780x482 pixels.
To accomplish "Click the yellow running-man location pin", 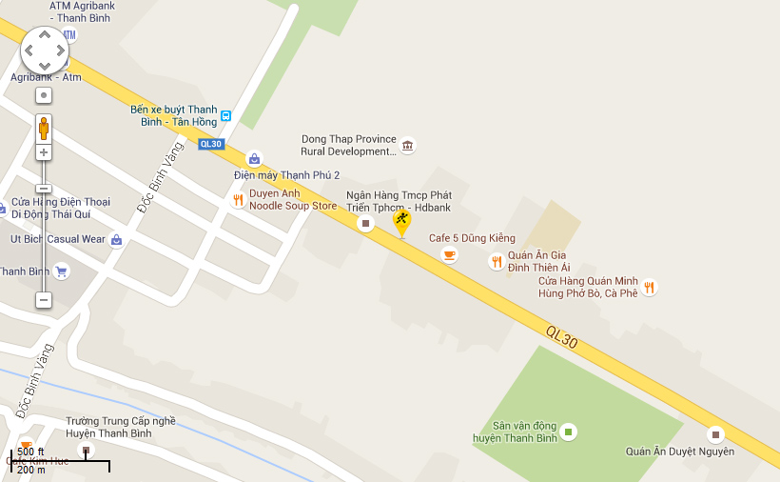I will coord(402,223).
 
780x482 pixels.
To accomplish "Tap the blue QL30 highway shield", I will coord(210,144).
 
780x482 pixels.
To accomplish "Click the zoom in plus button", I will coord(44,152).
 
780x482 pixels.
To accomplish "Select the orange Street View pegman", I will coord(44,127).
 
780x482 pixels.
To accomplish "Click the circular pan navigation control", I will coord(45,50).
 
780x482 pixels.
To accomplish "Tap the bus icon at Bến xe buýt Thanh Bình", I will coord(225,116).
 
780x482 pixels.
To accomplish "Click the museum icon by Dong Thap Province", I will coord(407,146).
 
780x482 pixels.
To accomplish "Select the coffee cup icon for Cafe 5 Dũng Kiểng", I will coord(449,254).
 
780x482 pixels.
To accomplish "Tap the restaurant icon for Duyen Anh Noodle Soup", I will coord(238,200).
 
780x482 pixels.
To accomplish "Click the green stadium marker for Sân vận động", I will coord(568,432).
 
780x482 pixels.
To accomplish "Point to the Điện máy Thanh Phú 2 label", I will coord(286,175).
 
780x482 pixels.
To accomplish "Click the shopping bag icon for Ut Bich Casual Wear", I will coord(116,239).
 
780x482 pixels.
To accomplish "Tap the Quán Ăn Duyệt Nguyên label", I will coord(679,452).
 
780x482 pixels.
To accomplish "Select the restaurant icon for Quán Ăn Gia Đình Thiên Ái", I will coord(496,261).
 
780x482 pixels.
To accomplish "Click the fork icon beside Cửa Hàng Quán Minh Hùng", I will coord(649,287).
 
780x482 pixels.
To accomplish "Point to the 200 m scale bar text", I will coord(31,470).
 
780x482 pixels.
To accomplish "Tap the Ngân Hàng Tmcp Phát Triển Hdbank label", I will coord(412,201).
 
